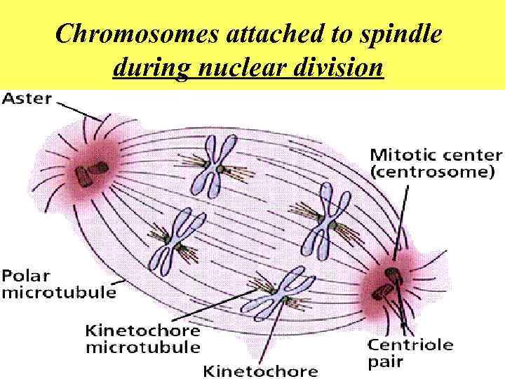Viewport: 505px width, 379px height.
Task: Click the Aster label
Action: (x=27, y=99)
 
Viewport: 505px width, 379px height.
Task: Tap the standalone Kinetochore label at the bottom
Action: (x=260, y=370)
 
